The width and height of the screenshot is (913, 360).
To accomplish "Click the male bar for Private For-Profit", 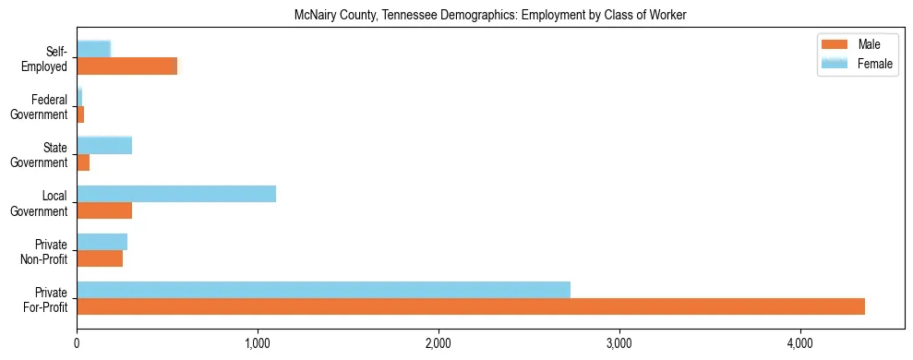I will click(x=471, y=306).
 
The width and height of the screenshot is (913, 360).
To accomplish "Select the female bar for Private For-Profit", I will click(x=323, y=290).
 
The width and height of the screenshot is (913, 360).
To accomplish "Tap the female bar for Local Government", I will click(x=176, y=194).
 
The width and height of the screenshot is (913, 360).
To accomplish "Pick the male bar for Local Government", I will click(x=104, y=210).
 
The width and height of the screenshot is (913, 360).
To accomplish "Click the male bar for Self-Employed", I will click(x=126, y=66).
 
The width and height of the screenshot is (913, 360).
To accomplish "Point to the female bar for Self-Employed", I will click(x=93, y=49).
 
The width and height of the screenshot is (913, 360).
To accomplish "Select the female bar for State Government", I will click(x=104, y=146).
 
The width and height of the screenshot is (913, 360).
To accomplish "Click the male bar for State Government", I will click(x=83, y=162).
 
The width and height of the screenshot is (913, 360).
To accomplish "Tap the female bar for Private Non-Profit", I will click(x=102, y=242).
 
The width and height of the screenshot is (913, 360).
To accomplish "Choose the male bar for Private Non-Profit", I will click(x=100, y=258).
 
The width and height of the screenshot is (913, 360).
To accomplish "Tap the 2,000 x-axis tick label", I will click(x=438, y=343).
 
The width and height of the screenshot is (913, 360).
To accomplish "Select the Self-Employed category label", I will click(x=46, y=59).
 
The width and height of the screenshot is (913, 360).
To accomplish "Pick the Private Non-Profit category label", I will click(x=45, y=251).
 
